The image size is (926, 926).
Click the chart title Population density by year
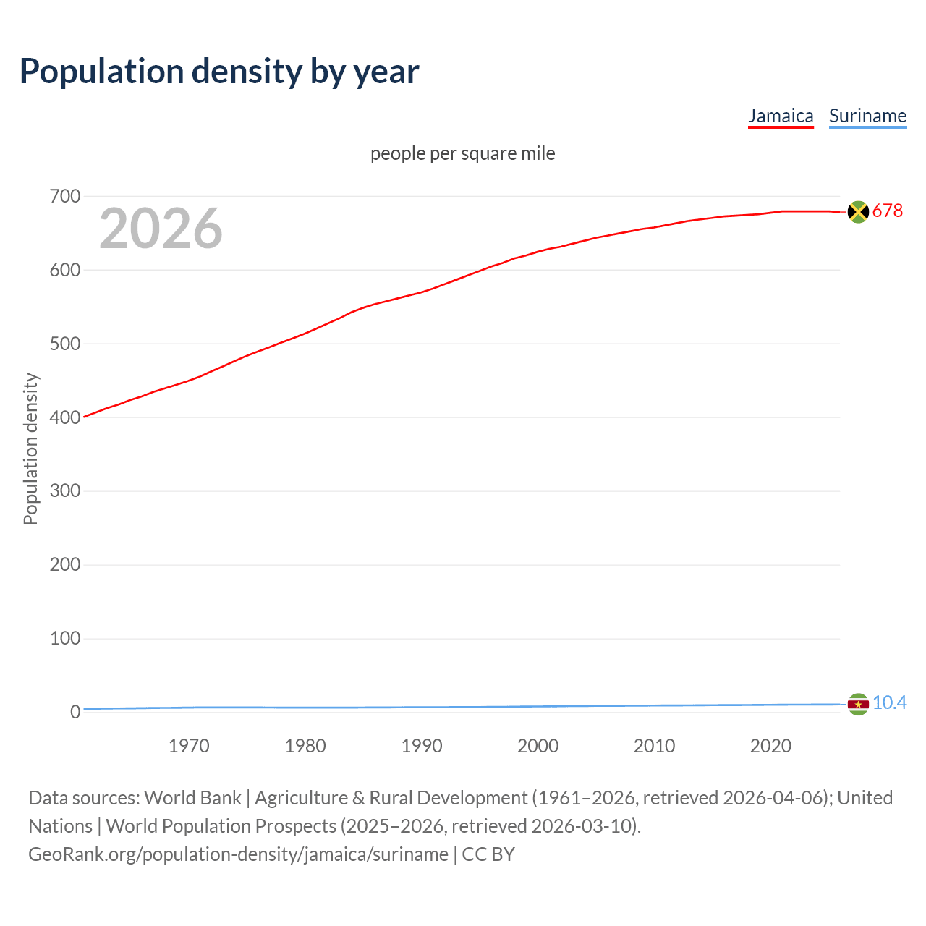pyautogui.click(x=219, y=72)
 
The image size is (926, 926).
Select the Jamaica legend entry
pyautogui.click(x=781, y=116)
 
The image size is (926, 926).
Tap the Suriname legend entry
pyautogui.click(x=867, y=116)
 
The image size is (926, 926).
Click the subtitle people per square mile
pyautogui.click(x=462, y=153)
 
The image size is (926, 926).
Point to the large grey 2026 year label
pyautogui.click(x=161, y=229)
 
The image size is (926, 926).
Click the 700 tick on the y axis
pyautogui.click(x=65, y=196)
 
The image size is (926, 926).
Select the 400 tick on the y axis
pyautogui.click(x=65, y=417)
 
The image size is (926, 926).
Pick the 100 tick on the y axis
pyautogui.click(x=65, y=638)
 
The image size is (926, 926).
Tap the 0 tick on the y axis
pyautogui.click(x=75, y=712)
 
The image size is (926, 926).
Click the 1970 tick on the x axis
pyautogui.click(x=189, y=746)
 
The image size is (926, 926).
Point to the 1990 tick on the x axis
pyautogui.click(x=422, y=746)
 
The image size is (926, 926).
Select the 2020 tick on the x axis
pyautogui.click(x=770, y=746)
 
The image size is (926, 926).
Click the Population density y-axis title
pyautogui.click(x=30, y=449)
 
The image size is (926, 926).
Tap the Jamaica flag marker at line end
pyautogui.click(x=858, y=211)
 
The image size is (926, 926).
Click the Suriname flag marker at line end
pyautogui.click(x=858, y=704)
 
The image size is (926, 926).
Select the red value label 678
pyautogui.click(x=888, y=211)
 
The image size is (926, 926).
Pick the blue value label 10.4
pyautogui.click(x=889, y=702)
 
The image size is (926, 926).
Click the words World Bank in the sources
pyautogui.click(x=192, y=797)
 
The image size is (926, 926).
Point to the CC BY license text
pyautogui.click(x=488, y=854)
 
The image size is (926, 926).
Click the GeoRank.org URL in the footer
pyautogui.click(x=238, y=854)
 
